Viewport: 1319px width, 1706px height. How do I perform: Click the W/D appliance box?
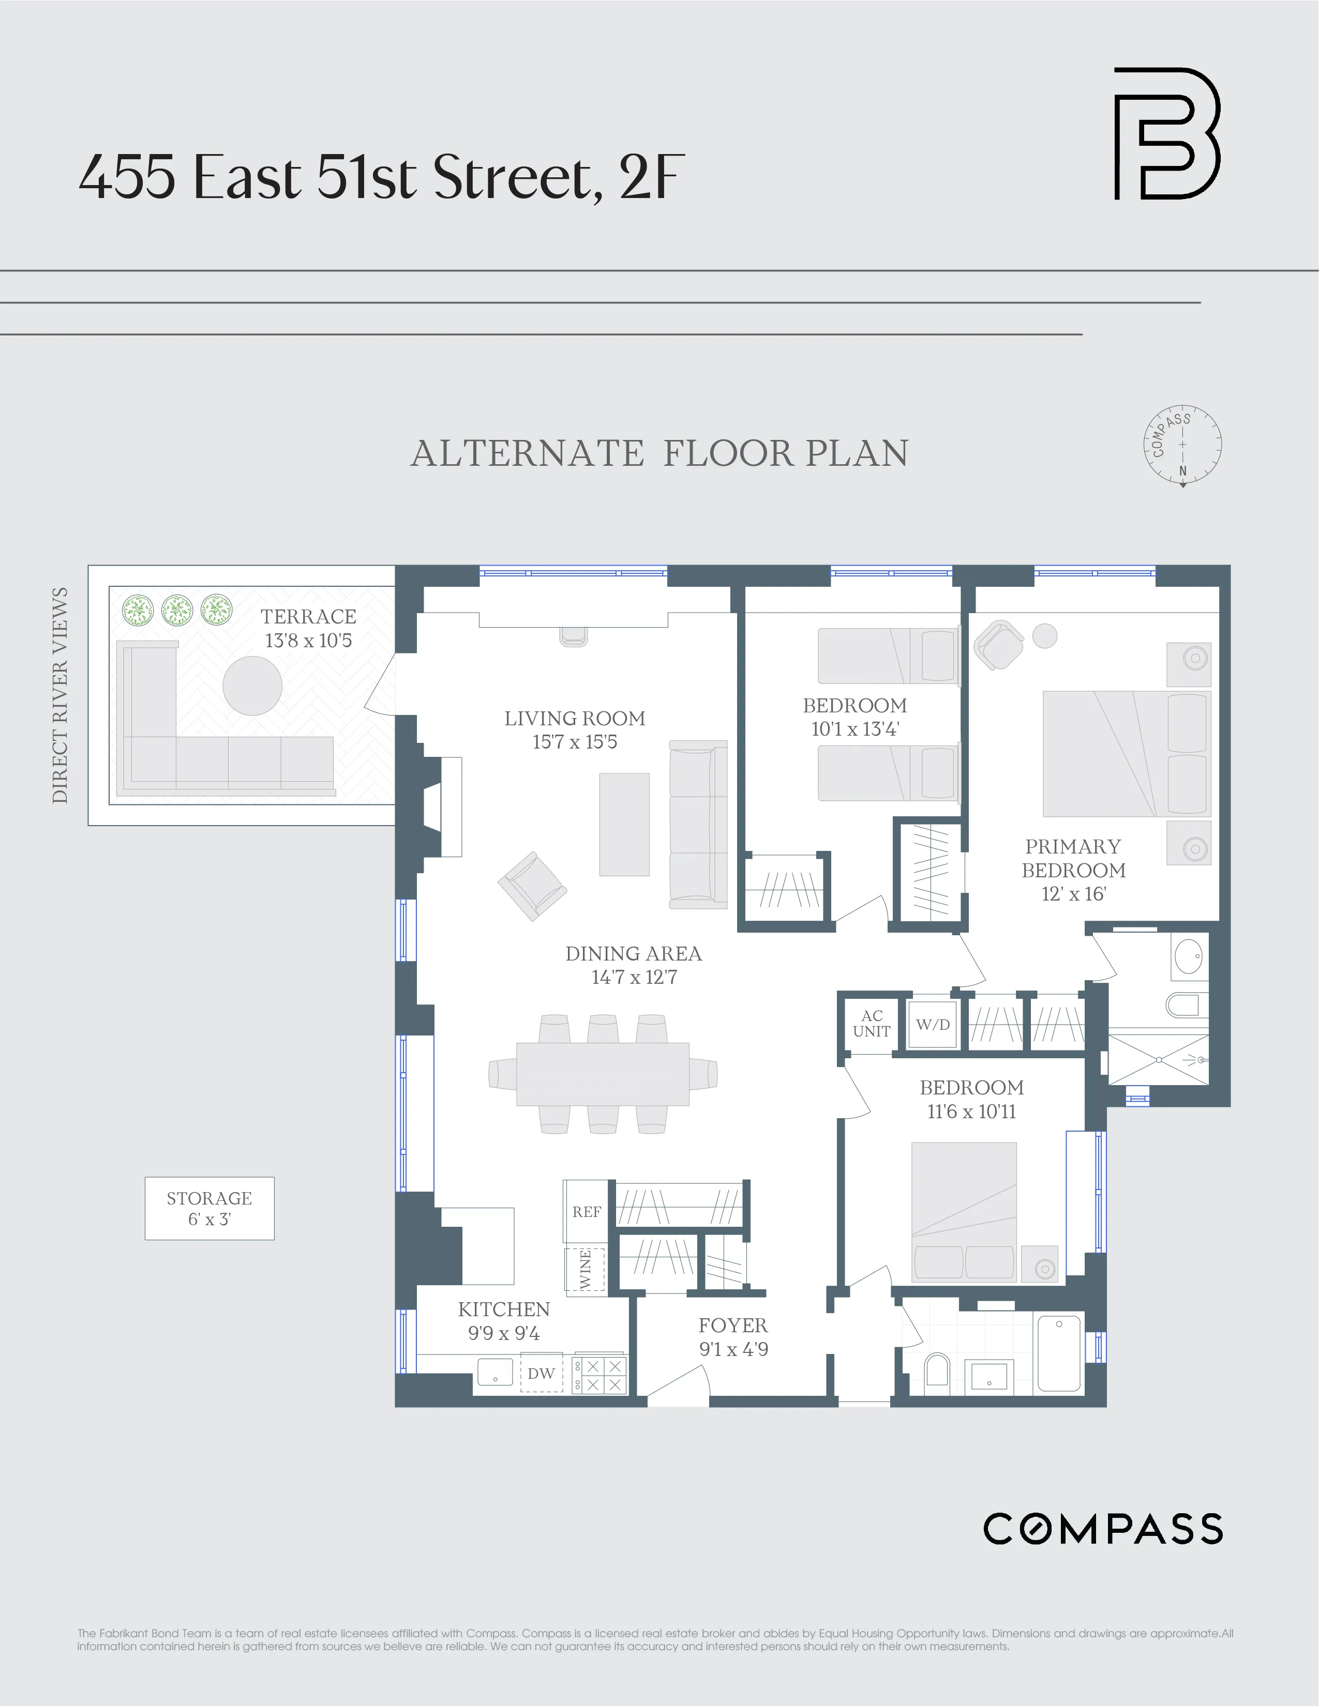(933, 1024)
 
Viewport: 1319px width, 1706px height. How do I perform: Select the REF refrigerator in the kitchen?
(586, 1212)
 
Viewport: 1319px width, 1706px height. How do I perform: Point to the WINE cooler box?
(585, 1271)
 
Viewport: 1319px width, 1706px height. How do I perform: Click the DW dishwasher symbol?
(542, 1373)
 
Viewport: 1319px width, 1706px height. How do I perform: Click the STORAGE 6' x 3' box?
(209, 1209)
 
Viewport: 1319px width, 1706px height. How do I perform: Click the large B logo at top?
(1166, 133)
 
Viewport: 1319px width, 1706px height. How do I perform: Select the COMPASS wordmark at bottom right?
(1103, 1529)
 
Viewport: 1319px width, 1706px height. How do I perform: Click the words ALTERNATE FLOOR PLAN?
(659, 454)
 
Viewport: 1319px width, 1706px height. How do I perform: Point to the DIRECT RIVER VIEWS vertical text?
(60, 695)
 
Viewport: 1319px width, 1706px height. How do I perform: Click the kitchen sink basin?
(494, 1372)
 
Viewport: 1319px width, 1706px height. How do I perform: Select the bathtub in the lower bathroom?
(1059, 1353)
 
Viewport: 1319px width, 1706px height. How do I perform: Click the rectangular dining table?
(603, 1074)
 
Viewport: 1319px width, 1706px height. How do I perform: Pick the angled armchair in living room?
(532, 886)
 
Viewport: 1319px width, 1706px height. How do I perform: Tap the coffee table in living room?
(624, 824)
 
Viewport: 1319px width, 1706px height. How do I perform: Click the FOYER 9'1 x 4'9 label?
(733, 1336)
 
